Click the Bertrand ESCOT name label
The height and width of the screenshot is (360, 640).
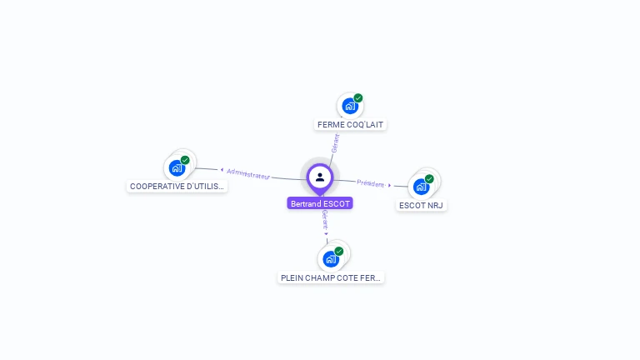(320, 203)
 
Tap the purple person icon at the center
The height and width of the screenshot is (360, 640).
(320, 177)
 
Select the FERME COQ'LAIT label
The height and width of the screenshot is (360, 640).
(352, 125)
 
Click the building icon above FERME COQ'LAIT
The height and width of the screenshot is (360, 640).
(350, 106)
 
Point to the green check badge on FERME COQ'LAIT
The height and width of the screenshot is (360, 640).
(358, 98)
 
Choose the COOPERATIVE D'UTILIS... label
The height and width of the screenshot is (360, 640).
(177, 187)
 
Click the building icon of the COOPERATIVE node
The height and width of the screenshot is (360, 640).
(177, 167)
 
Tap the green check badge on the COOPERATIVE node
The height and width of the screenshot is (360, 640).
(185, 160)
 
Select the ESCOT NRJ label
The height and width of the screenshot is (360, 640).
(421, 205)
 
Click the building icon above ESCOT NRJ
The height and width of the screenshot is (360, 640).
(421, 186)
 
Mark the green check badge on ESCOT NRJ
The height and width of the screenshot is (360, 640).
(429, 178)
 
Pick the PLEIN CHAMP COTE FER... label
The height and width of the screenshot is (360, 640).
(331, 277)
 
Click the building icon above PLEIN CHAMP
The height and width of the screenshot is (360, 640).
(331, 258)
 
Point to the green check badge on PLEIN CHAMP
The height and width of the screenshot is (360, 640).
(339, 251)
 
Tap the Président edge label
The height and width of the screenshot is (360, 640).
(371, 183)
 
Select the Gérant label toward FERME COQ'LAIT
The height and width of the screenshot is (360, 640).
(335, 142)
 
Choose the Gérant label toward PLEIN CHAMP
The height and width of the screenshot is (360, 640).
(325, 220)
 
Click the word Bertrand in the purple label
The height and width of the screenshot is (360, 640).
(307, 203)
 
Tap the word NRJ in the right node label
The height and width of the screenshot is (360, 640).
(435, 205)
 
